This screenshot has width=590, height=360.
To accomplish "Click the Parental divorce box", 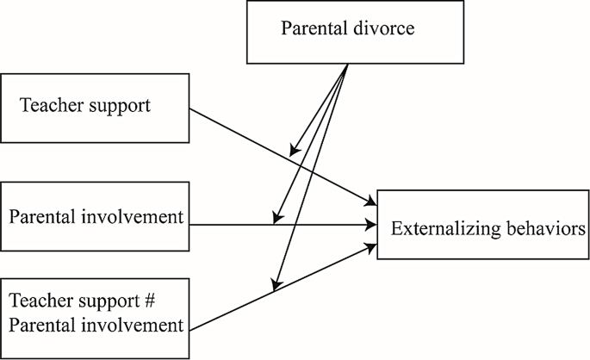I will click(x=347, y=32).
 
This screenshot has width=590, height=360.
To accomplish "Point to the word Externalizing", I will click(x=442, y=229).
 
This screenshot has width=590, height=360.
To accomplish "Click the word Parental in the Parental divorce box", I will click(x=312, y=29).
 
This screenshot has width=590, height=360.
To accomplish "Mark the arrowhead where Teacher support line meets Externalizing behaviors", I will click(x=373, y=203).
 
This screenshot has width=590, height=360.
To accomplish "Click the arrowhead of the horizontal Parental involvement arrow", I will click(x=373, y=226).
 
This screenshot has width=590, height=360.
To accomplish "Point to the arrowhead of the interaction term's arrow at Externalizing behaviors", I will click(x=373, y=246).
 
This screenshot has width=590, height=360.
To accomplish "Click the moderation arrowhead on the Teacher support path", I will click(x=294, y=152).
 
